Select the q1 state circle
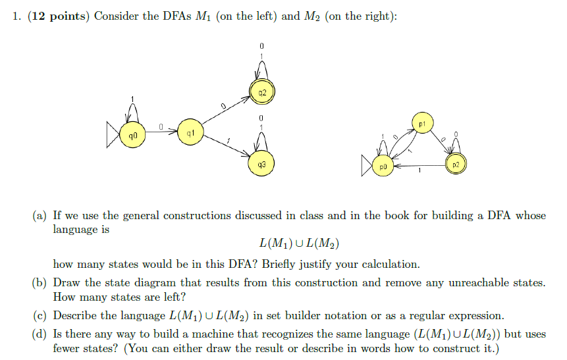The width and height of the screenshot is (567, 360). tap(190, 134)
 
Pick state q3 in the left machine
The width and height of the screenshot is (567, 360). tap(261, 164)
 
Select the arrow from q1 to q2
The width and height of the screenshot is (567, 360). tap(224, 113)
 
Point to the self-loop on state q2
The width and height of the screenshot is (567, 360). tap(261, 69)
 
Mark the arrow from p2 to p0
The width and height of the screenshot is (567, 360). tap(419, 166)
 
